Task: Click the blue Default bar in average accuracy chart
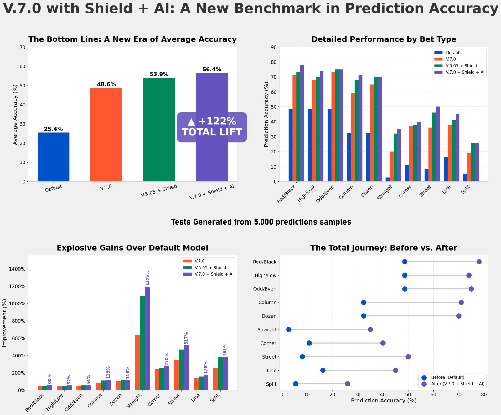point(53,157)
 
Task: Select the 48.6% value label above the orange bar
point(106,84)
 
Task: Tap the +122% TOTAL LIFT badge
point(212,127)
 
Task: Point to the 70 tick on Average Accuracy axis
point(22,47)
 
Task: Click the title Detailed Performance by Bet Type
point(384,39)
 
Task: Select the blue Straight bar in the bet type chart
point(388,179)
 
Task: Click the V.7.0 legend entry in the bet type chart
point(451,59)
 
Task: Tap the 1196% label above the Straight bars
point(147,278)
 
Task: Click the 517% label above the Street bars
point(186,338)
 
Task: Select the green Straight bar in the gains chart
point(142,343)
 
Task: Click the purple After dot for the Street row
point(408,357)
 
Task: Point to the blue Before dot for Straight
point(289,329)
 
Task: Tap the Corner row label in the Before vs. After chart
point(268,343)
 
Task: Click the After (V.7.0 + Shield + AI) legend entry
point(457,384)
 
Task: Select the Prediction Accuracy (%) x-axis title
point(384,401)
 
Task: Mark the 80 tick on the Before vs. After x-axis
point(484,394)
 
